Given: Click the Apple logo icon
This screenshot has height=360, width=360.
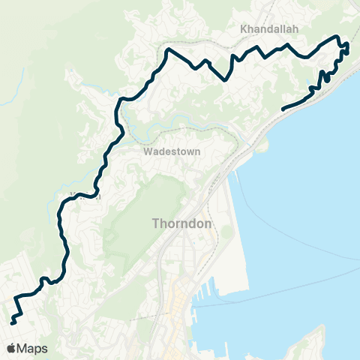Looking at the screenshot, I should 11,348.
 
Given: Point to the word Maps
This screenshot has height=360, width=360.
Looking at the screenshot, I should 33,348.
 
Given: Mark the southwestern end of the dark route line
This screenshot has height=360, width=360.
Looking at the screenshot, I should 12,323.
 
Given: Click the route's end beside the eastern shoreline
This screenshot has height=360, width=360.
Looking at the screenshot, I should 283,109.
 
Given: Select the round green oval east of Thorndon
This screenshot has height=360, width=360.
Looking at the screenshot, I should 226,232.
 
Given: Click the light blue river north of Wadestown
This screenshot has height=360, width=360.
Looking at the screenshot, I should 180,120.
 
